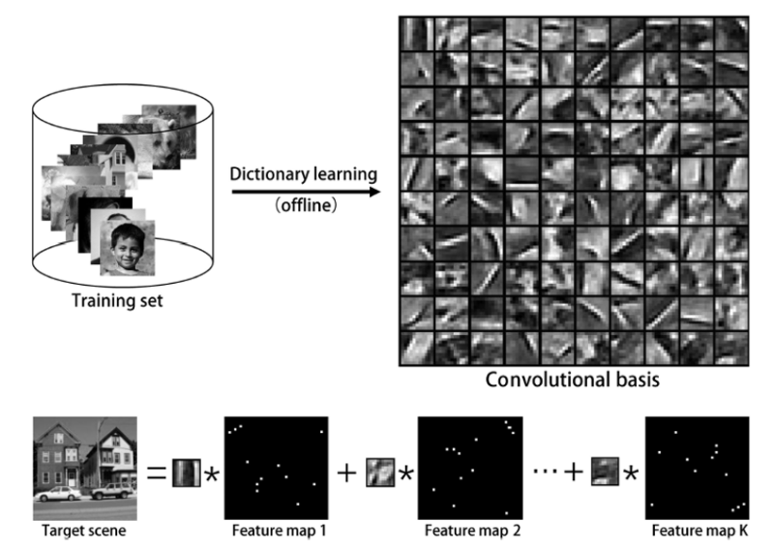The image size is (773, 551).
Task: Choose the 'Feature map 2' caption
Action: click(466, 531)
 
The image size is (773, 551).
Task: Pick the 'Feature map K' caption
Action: click(692, 531)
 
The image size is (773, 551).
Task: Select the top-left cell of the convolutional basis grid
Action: click(418, 33)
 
